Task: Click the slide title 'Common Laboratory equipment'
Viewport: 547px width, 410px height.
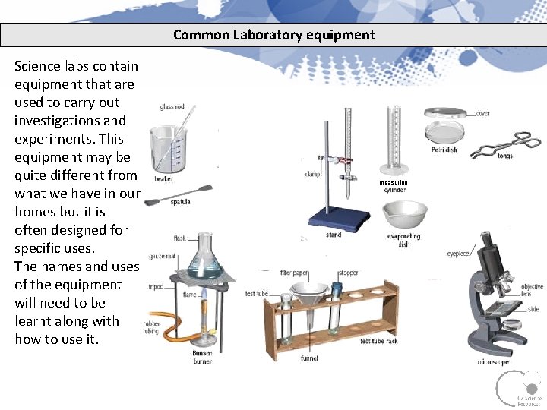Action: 273,35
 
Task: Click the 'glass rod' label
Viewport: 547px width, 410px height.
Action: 172,107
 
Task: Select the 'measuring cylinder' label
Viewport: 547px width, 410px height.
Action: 394,186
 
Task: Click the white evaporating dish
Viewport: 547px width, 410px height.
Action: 403,216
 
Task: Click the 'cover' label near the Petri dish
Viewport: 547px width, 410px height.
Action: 482,114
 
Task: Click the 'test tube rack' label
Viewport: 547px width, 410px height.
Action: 379,342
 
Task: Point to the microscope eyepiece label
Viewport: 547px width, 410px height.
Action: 458,254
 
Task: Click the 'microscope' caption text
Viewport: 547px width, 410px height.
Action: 493,362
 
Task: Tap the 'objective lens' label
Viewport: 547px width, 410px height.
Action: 532,290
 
